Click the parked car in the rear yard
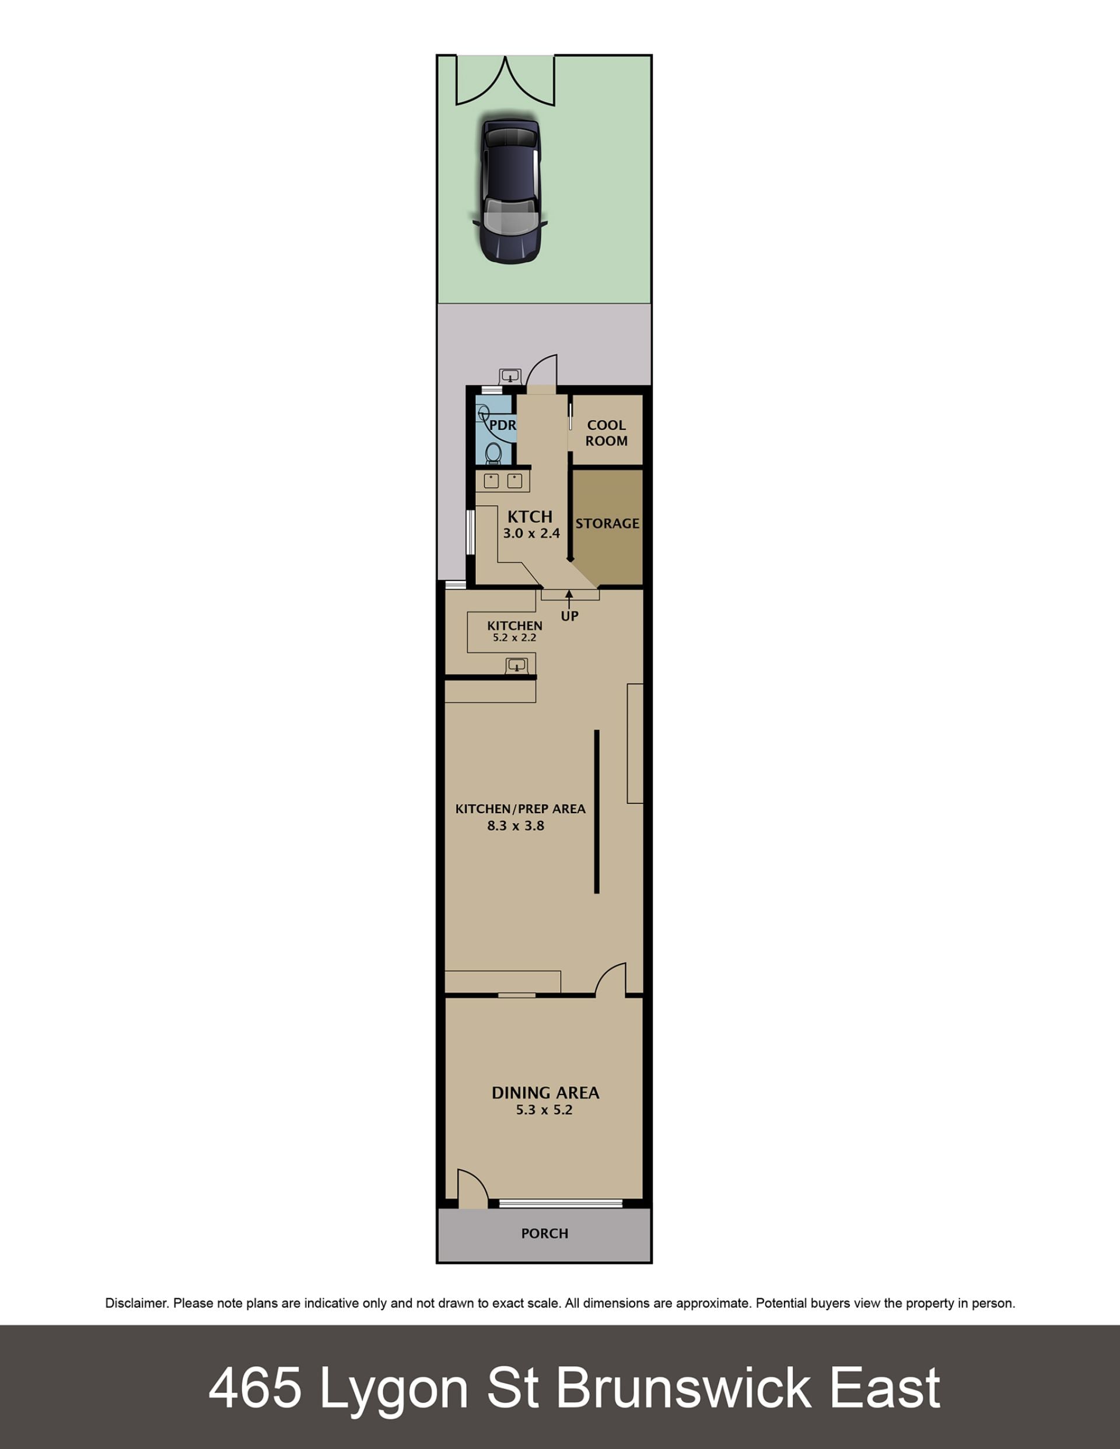point(510,191)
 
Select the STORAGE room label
point(607,523)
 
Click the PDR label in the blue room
point(502,425)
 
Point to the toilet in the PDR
point(493,453)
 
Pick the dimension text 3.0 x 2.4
point(531,533)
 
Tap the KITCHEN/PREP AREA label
point(520,808)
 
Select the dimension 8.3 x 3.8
point(516,826)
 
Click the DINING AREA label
point(545,1093)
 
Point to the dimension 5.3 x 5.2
point(544,1110)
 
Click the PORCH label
point(545,1233)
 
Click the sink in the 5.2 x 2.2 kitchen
point(516,665)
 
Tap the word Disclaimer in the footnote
point(135,1303)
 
